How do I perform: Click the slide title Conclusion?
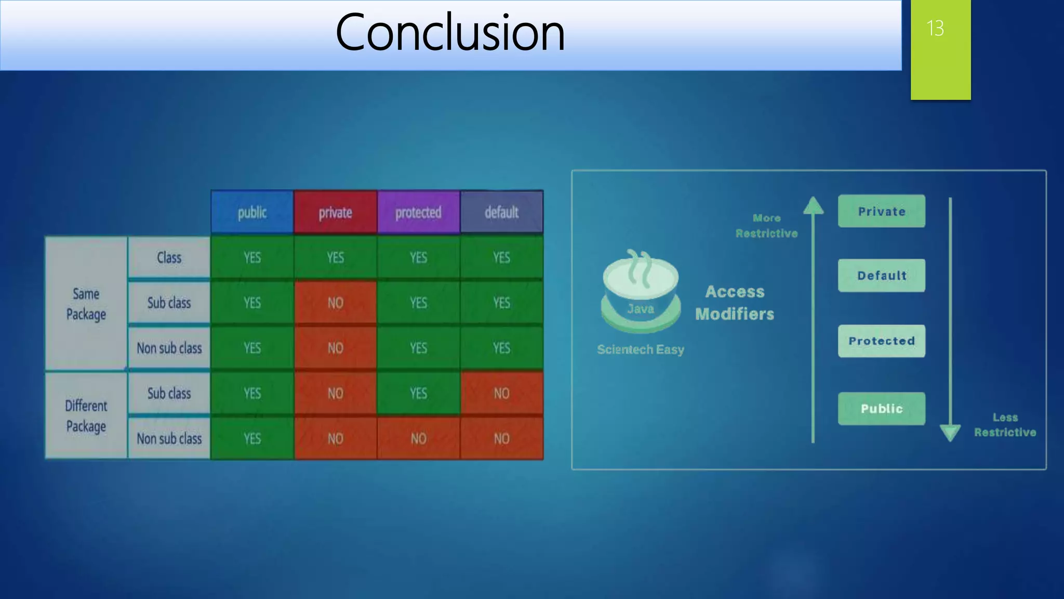coord(450,33)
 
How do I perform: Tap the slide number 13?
coord(935,28)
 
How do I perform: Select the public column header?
coord(252,212)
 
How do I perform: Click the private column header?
coord(335,212)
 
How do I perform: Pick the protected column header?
coord(418,212)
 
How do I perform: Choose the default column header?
coord(501,212)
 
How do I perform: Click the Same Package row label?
coord(86,304)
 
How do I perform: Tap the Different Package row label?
coord(86,415)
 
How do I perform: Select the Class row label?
coord(169,257)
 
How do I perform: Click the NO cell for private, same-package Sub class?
coord(335,303)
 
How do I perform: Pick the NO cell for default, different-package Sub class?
coord(501,393)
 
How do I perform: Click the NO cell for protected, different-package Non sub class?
coord(418,438)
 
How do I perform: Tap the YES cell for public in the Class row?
coord(252,257)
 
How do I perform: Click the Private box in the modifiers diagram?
coord(881,211)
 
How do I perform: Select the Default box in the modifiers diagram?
coord(881,276)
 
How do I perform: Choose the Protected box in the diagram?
coord(881,341)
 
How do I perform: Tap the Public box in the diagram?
coord(881,409)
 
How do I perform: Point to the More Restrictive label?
coord(766,226)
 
